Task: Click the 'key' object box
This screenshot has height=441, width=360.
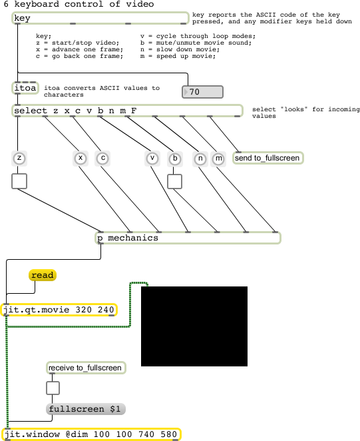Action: click(100, 18)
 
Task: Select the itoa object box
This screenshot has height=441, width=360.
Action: click(25, 88)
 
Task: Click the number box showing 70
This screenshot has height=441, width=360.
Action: click(202, 92)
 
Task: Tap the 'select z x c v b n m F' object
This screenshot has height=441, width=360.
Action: click(127, 111)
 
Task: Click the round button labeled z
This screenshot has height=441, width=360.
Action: click(19, 158)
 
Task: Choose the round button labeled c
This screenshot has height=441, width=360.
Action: click(103, 159)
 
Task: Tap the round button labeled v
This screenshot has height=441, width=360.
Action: click(152, 159)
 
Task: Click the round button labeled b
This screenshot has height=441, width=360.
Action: click(175, 159)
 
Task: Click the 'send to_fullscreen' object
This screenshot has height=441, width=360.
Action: click(268, 158)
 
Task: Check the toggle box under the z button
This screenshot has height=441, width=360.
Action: click(19, 181)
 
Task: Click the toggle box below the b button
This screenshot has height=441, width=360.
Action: click(174, 181)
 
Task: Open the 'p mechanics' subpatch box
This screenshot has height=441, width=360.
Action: click(188, 238)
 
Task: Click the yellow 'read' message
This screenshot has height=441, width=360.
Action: click(43, 275)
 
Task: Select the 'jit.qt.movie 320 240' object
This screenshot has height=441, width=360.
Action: click(59, 310)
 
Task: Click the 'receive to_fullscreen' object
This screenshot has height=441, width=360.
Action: click(86, 368)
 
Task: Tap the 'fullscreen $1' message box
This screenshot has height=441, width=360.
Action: click(85, 409)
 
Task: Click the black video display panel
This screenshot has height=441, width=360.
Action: click(194, 326)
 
